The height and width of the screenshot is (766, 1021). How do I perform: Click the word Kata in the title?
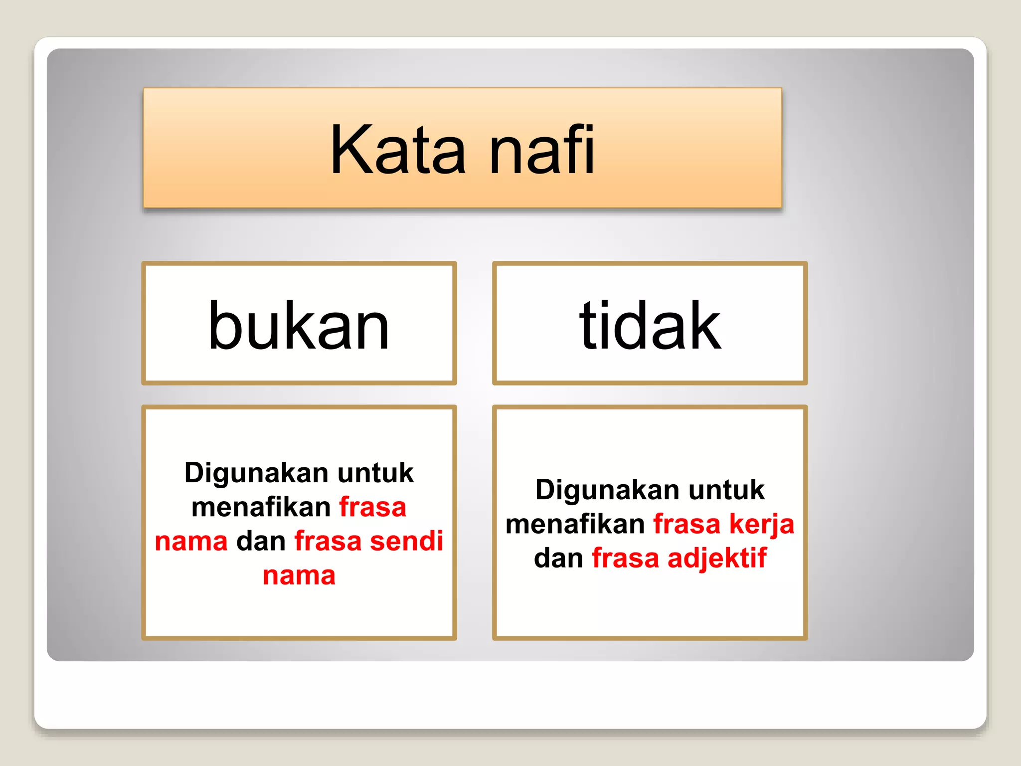[x=397, y=150]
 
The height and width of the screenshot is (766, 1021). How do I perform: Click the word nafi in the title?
[x=542, y=150]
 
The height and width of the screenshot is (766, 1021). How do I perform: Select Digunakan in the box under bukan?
[x=256, y=473]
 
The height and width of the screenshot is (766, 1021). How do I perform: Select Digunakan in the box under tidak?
[x=607, y=490]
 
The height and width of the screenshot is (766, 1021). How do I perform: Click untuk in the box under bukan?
[x=375, y=473]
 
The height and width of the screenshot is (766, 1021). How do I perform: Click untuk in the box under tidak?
[x=726, y=490]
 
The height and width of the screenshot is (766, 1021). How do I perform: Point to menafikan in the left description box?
[x=261, y=507]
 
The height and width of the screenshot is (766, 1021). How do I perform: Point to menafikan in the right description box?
[x=575, y=524]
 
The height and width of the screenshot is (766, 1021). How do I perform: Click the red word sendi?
[x=406, y=541]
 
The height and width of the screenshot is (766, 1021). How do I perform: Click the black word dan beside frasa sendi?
[x=261, y=541]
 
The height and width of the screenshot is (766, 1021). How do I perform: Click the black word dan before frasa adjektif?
[x=558, y=558]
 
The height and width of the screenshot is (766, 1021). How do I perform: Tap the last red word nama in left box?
[x=299, y=575]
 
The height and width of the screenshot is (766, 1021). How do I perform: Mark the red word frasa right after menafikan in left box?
[x=372, y=507]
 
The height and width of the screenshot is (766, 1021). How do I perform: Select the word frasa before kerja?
[x=686, y=524]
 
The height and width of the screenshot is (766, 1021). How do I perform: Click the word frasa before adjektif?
[x=625, y=558]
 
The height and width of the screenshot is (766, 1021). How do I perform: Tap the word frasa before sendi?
[x=328, y=541]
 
